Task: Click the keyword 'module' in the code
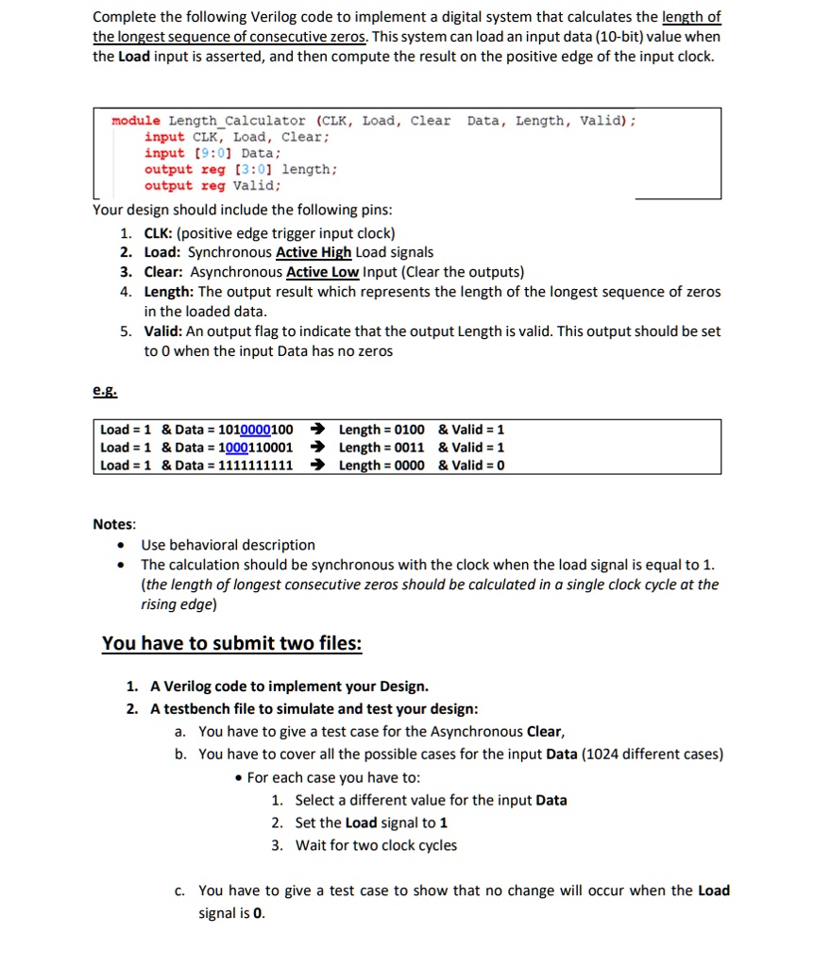click(x=136, y=121)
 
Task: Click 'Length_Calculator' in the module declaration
click(x=237, y=121)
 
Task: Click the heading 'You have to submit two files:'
click(x=231, y=643)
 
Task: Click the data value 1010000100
click(x=255, y=430)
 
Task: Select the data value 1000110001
click(x=255, y=447)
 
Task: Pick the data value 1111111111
click(x=255, y=465)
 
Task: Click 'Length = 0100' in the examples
click(x=382, y=430)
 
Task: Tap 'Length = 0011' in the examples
click(x=382, y=447)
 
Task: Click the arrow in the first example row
click(x=318, y=430)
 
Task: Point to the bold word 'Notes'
click(x=113, y=523)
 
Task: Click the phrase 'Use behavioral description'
click(x=228, y=545)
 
